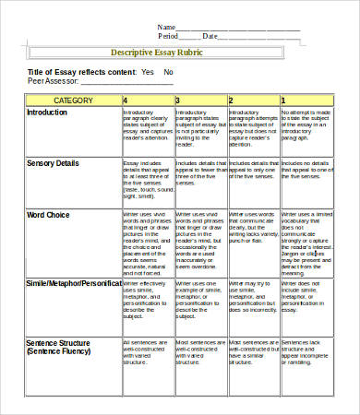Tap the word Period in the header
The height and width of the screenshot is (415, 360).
[x=169, y=36]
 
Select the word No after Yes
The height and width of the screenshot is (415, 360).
[x=168, y=72]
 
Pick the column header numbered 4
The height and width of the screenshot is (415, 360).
[x=126, y=99]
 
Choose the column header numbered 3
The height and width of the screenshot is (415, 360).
[x=177, y=99]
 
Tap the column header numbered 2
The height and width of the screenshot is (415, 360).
[x=231, y=99]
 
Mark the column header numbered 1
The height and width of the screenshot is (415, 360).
[x=283, y=99]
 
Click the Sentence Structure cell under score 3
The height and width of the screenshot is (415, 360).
[x=198, y=350]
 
